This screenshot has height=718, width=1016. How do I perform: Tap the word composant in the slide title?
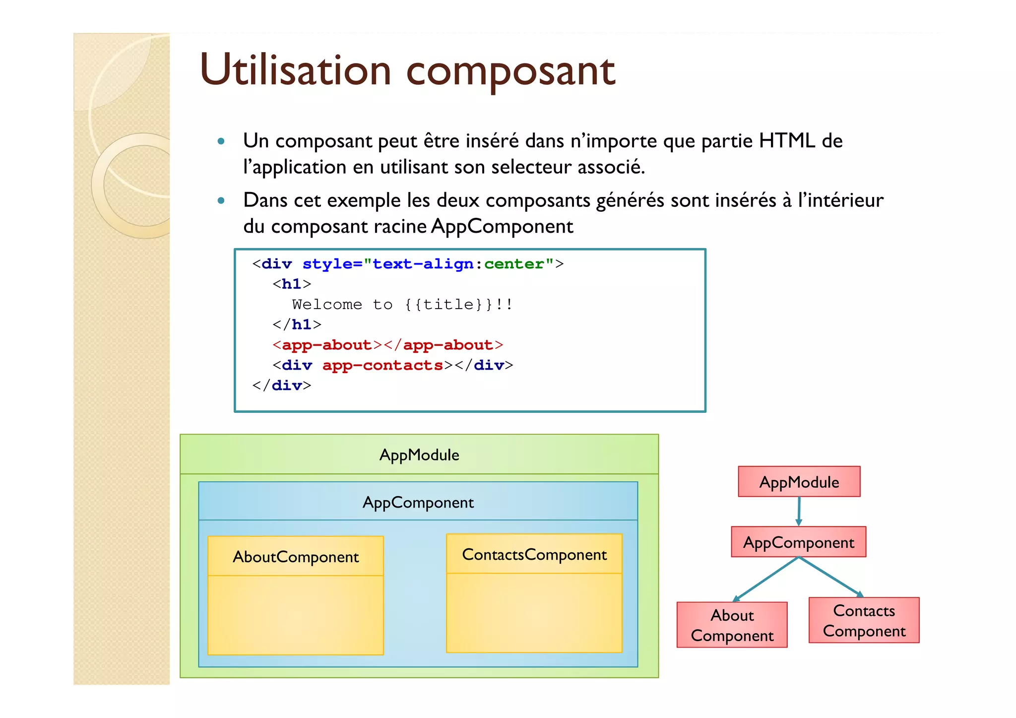click(510, 72)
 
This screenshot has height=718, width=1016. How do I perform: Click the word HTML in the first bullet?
click(787, 141)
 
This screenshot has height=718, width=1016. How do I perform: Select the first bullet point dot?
click(221, 141)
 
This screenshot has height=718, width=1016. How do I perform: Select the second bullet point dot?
click(221, 201)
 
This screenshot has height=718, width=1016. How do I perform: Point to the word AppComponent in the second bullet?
click(502, 226)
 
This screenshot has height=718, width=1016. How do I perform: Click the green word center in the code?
click(513, 264)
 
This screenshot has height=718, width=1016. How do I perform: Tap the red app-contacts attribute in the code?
click(382, 365)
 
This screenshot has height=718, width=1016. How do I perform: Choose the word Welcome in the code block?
click(327, 304)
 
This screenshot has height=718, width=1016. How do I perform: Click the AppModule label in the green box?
click(419, 455)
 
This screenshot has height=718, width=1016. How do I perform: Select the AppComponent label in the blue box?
click(418, 503)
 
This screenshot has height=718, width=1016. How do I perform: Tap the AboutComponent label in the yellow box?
click(296, 557)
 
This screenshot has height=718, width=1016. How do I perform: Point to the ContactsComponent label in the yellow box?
click(534, 555)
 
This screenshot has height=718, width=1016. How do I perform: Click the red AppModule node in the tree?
click(799, 482)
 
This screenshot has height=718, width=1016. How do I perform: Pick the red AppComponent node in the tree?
click(798, 542)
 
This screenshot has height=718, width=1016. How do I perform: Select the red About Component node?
click(732, 625)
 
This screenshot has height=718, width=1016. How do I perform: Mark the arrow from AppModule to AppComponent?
click(799, 511)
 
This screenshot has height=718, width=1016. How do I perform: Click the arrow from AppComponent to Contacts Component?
click(831, 577)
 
